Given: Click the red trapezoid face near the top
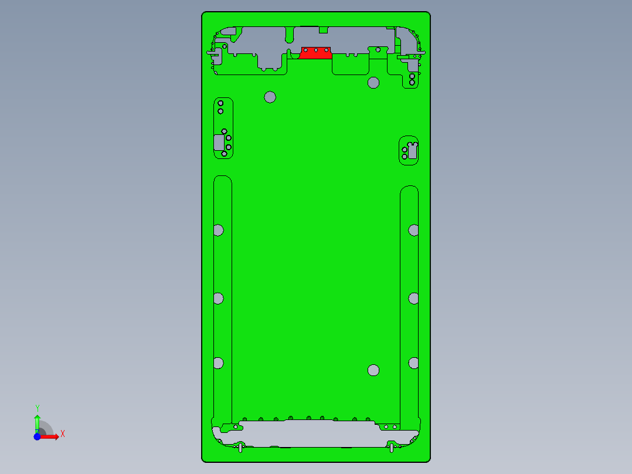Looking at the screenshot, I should (315, 55).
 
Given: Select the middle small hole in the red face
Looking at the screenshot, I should (316, 50).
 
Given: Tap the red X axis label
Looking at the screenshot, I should (63, 434).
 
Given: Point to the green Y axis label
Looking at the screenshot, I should (38, 408).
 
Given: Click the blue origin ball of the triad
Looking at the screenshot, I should (37, 437).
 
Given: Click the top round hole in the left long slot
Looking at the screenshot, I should (218, 230).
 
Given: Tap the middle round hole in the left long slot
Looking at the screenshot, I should (218, 299).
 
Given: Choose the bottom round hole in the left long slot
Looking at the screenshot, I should (218, 363).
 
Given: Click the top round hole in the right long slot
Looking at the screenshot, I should (414, 230).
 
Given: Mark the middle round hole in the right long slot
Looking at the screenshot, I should (414, 299).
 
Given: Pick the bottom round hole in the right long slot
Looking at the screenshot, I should (414, 363).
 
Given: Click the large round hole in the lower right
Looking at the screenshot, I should (373, 370).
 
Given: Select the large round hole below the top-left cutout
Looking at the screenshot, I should (270, 97).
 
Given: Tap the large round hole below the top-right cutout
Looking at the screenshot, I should (373, 83).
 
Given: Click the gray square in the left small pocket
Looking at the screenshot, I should (220, 142).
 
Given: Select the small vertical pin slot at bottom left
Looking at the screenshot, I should (242, 448).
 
